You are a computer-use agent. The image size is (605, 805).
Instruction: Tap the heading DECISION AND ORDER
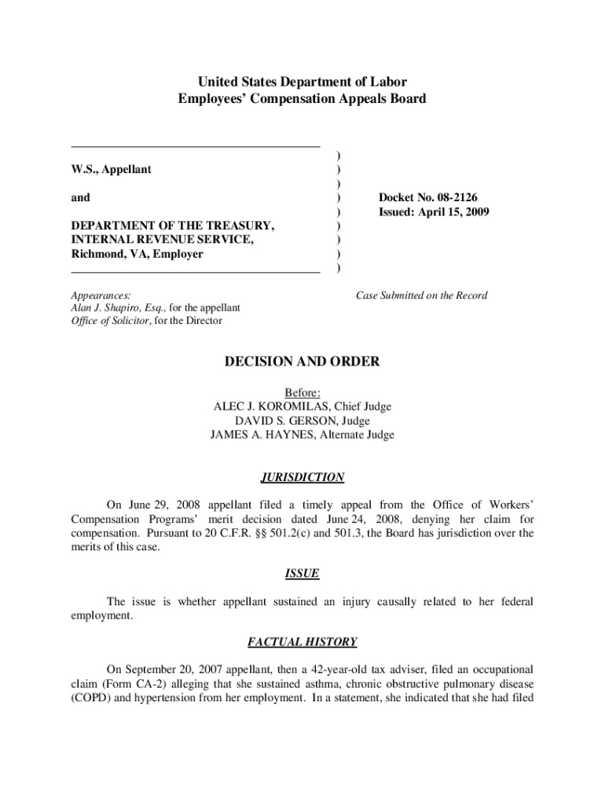[302, 362]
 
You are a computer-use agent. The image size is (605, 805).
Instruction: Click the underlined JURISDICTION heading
[302, 477]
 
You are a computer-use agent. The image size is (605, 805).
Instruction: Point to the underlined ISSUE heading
[302, 573]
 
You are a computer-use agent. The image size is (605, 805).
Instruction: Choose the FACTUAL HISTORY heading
[302, 642]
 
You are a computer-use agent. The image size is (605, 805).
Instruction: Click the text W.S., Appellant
[112, 169]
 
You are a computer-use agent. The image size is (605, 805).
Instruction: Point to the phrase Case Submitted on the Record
[421, 296]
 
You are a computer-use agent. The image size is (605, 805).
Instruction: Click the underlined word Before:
[302, 392]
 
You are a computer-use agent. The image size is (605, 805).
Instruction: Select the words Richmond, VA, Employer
[137, 254]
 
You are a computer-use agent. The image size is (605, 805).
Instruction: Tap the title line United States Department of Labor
[302, 82]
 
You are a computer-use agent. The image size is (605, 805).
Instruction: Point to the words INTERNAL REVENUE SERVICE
[161, 240]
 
